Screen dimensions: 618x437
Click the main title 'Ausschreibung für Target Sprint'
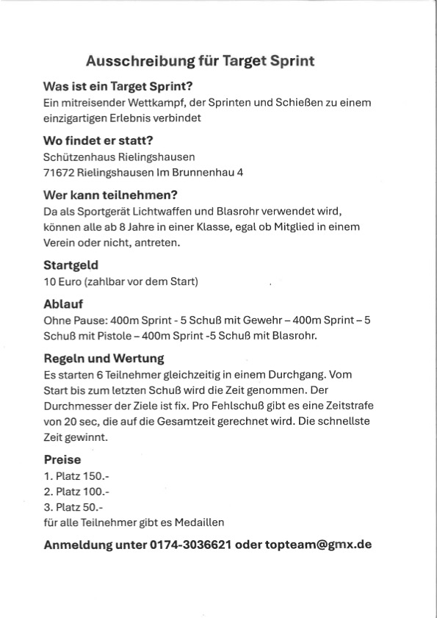click(200, 61)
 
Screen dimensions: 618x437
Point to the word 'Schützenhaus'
click(76, 157)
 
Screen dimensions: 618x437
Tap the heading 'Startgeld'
click(71, 265)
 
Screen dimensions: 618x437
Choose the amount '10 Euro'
click(62, 281)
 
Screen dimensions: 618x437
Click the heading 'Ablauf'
click(63, 303)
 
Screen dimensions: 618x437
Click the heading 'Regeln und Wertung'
click(104, 359)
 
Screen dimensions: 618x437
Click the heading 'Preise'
click(62, 460)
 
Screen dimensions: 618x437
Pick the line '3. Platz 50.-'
click(73, 507)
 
